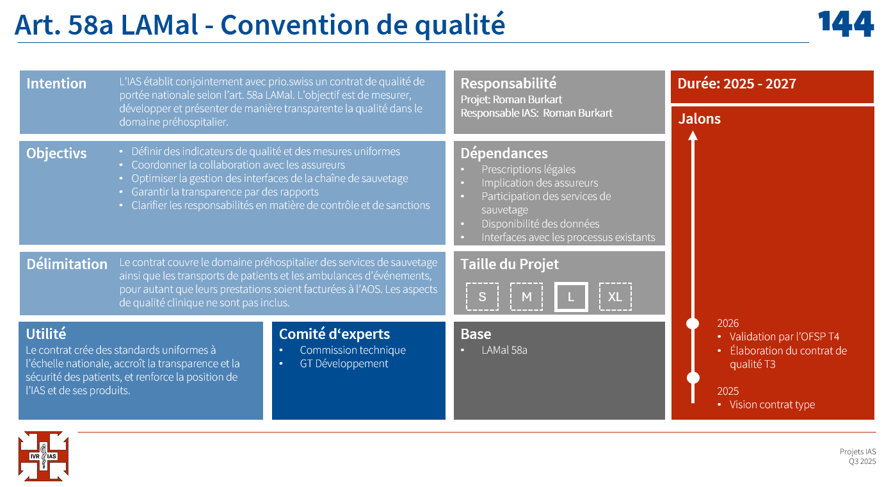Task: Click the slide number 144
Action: (846, 24)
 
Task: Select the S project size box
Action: (482, 297)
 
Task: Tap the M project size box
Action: (526, 297)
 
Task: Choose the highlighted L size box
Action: (571, 297)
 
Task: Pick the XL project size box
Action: (615, 297)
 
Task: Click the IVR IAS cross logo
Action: (44, 456)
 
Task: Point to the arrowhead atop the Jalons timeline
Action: (693, 135)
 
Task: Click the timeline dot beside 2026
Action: (693, 324)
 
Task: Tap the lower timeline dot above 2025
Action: (693, 378)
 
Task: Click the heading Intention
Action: (56, 83)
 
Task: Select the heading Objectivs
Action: (56, 153)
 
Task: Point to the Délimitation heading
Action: (67, 264)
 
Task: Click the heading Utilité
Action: (46, 334)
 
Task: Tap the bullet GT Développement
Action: (344, 363)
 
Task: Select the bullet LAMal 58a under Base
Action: (504, 350)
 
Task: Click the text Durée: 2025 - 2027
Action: (737, 83)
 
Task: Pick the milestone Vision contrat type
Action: (772, 404)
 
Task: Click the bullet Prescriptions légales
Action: (528, 169)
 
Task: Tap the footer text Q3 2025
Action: (862, 461)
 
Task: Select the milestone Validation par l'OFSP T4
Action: (784, 336)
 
